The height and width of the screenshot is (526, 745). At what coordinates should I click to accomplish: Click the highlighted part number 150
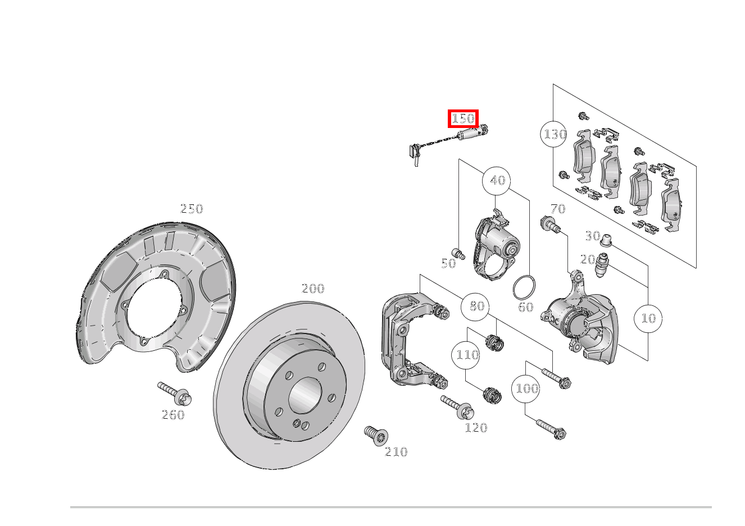click(x=463, y=118)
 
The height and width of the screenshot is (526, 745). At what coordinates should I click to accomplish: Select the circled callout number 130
click(x=554, y=134)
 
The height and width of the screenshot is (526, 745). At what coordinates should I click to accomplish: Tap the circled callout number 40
click(x=497, y=181)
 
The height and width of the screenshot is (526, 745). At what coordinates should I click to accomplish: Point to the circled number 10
click(x=648, y=318)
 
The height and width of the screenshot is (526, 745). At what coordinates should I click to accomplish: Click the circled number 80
click(x=476, y=307)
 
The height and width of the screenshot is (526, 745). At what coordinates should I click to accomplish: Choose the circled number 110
click(x=467, y=355)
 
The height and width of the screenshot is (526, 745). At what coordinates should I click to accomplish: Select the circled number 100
click(x=526, y=388)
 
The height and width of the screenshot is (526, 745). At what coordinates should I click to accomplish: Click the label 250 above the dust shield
click(x=191, y=209)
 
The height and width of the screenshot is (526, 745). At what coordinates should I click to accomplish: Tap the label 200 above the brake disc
click(x=313, y=289)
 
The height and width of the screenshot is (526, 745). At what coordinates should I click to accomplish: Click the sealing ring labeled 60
click(x=524, y=287)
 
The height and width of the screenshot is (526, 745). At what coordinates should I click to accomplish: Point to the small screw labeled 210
click(x=376, y=435)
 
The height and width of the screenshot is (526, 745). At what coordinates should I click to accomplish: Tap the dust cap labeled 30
click(x=606, y=241)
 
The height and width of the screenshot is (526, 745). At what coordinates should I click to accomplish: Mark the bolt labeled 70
click(x=549, y=225)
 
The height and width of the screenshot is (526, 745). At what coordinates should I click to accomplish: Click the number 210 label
click(x=396, y=452)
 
